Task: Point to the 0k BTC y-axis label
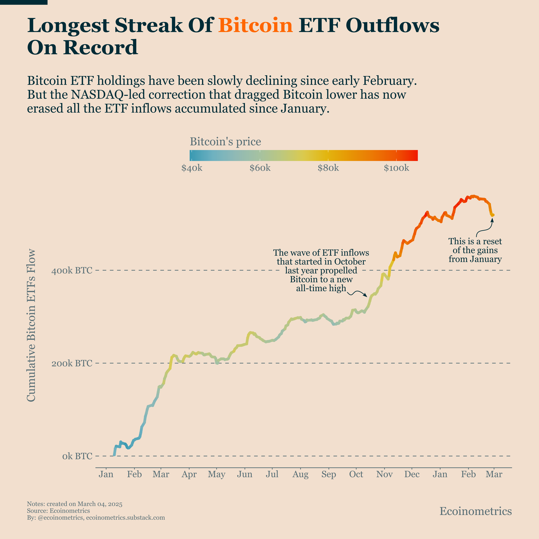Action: (77, 456)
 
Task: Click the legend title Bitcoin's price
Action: (225, 142)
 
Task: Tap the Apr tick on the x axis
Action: (189, 474)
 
